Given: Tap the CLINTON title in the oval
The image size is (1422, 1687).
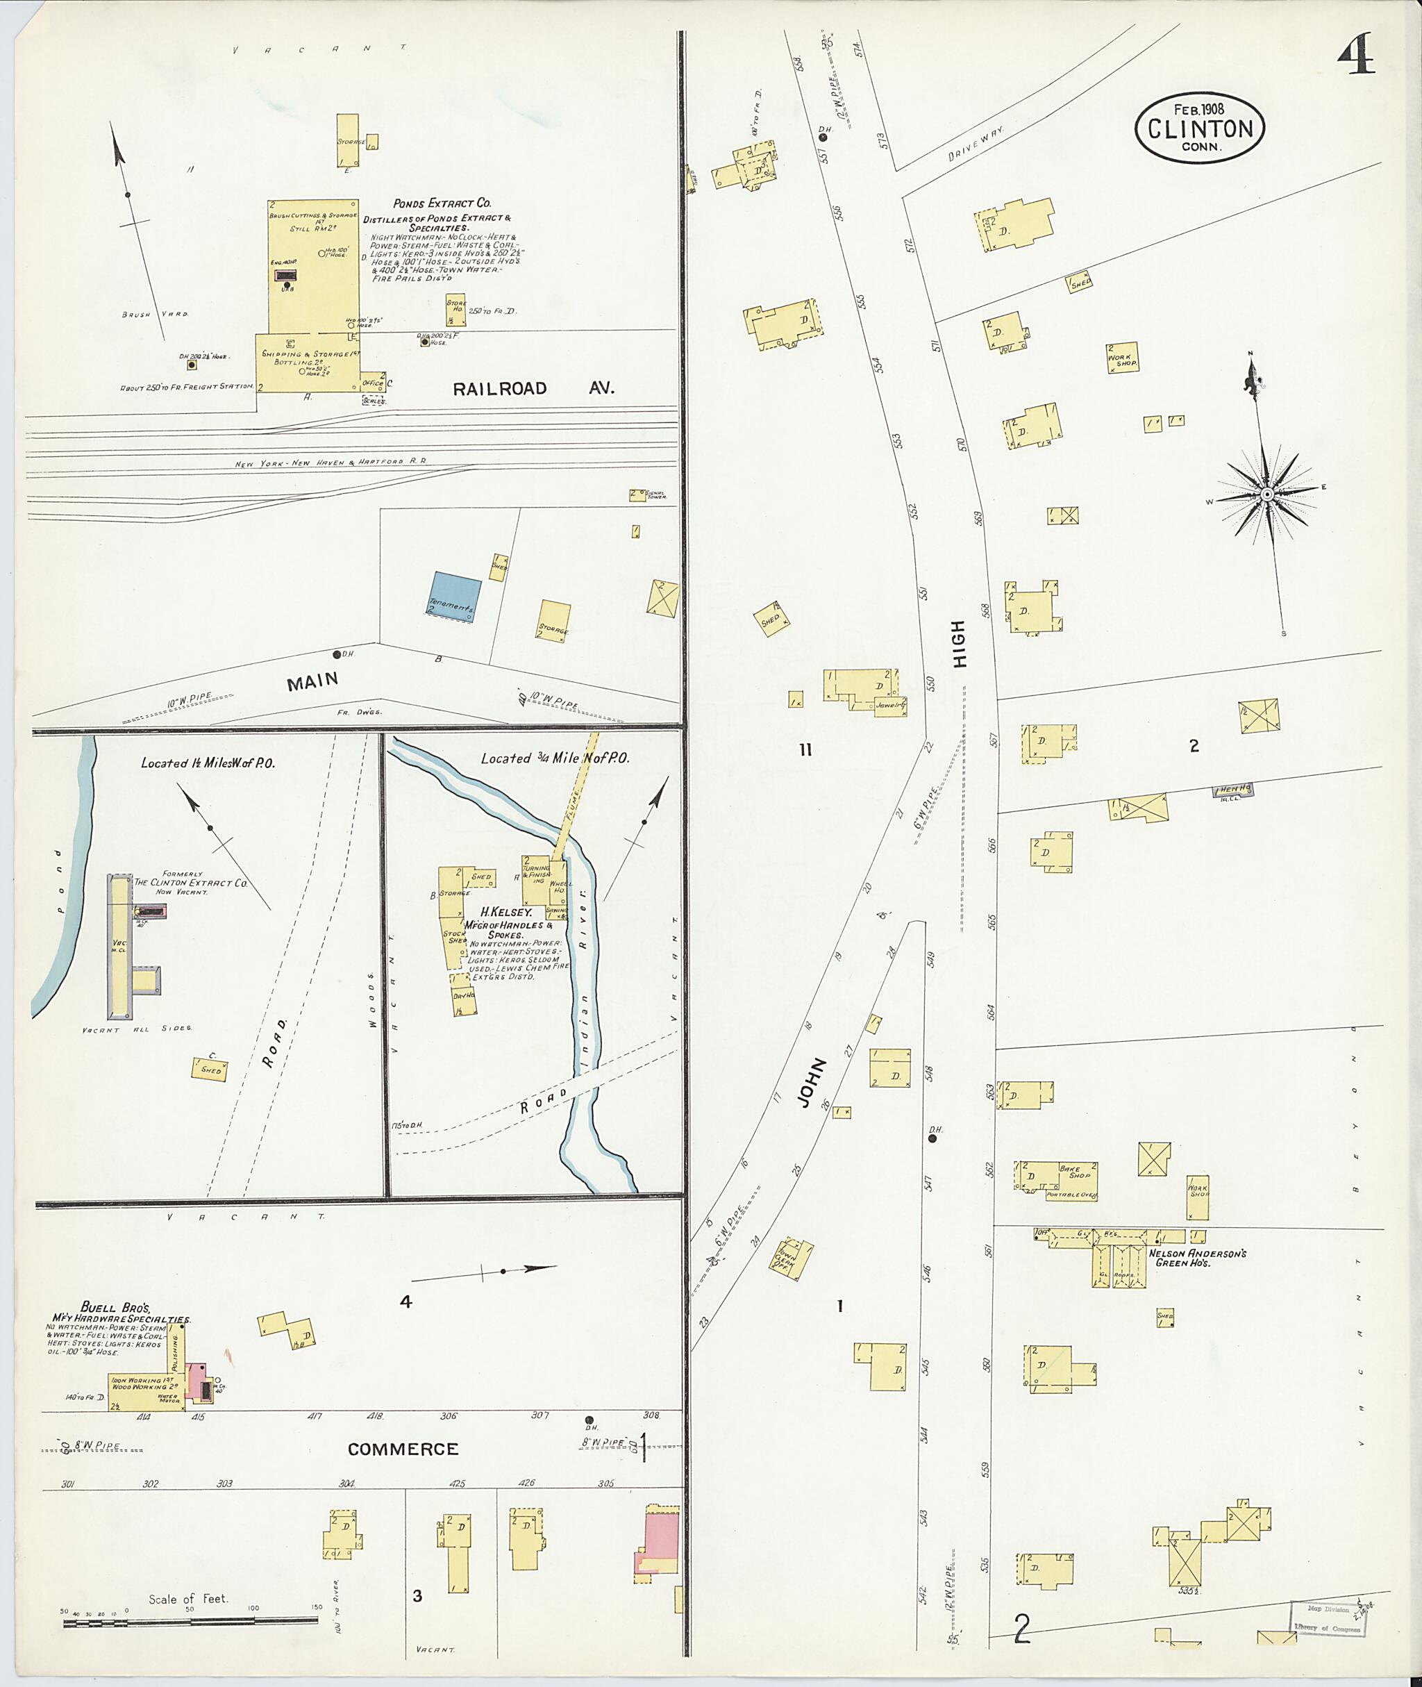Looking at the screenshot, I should (x=1201, y=128).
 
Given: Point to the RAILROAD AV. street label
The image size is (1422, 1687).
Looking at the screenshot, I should (x=533, y=389).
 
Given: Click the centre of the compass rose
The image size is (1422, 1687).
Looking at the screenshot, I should (x=1266, y=494).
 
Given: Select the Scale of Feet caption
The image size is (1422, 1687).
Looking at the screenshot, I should (x=188, y=1599).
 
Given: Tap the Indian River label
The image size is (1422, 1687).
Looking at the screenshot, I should (x=586, y=1008).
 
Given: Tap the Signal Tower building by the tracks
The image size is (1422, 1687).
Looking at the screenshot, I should (x=637, y=495).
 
